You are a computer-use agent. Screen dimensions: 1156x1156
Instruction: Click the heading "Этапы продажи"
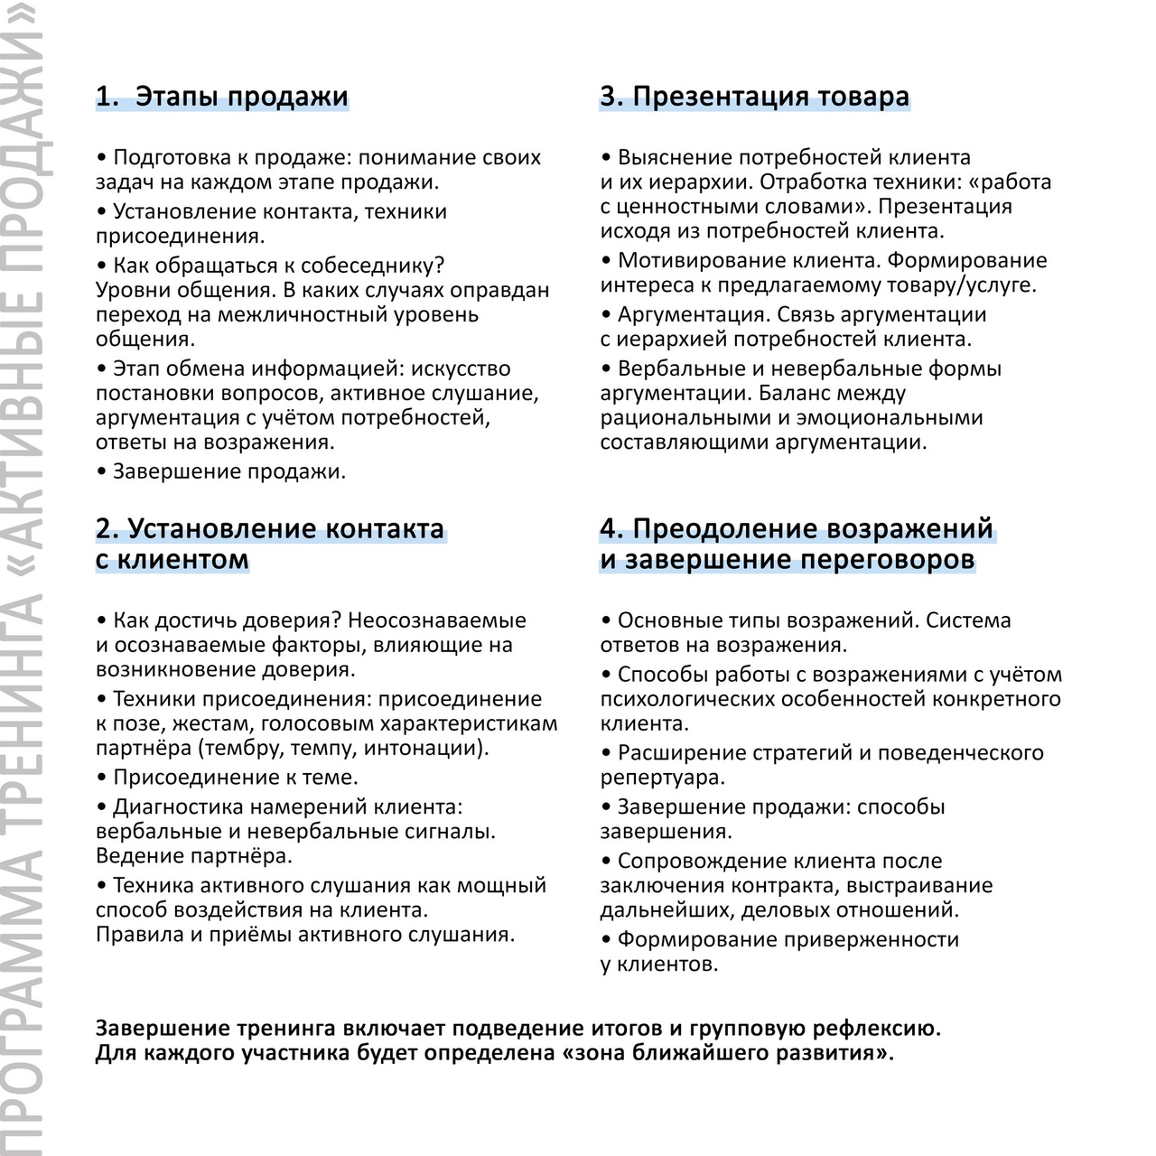point(241,97)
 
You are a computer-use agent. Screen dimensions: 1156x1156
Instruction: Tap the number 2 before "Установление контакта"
point(106,528)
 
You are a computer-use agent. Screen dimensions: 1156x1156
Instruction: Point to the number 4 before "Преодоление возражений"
point(611,528)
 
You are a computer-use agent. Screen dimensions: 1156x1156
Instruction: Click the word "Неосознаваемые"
point(436,620)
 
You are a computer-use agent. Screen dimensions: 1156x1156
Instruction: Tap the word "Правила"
point(139,935)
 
